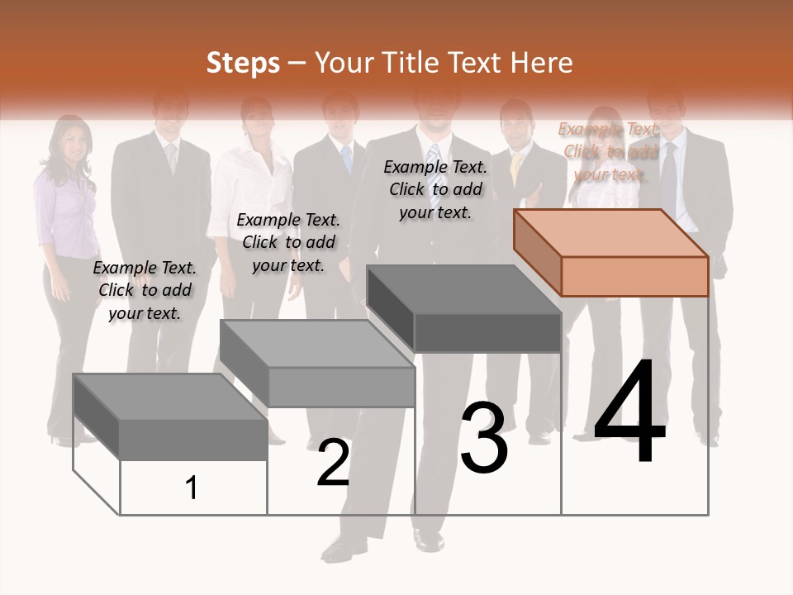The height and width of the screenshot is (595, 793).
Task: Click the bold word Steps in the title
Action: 243,63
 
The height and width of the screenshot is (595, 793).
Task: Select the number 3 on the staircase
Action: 483,438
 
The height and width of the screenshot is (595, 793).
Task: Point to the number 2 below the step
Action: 333,464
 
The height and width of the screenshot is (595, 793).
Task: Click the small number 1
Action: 192,488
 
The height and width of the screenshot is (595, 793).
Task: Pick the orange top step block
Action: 611,252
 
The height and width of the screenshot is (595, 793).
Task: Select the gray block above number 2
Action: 318,364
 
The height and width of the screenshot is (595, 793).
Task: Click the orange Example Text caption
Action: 610,151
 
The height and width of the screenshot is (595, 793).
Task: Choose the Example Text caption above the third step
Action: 435,189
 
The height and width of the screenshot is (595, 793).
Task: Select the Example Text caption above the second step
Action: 288,242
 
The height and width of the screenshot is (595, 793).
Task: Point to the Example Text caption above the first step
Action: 145,290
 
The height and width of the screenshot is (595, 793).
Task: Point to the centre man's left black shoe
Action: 429,540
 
